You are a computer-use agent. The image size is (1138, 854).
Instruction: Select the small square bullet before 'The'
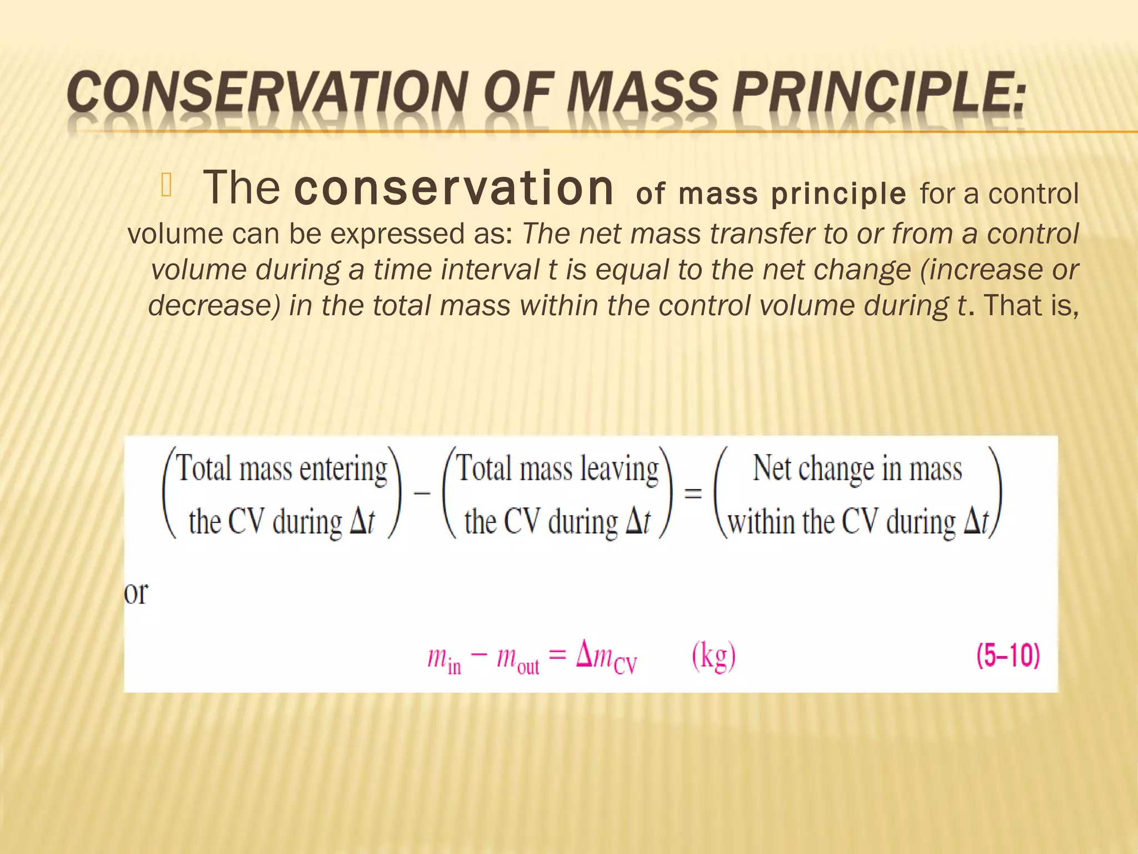(167, 187)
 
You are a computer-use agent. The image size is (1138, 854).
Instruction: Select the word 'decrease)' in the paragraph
(214, 306)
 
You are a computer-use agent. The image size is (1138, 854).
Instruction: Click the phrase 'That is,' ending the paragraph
(1031, 306)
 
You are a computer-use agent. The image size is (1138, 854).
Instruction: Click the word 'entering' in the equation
(343, 470)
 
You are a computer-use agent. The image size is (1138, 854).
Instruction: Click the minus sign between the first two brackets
(422, 493)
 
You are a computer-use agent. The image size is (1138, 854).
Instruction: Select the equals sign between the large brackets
(692, 493)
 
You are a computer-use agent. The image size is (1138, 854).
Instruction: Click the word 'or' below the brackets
(136, 594)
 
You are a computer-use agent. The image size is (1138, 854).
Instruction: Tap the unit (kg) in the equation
(713, 657)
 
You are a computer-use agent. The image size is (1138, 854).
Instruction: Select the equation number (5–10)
(1007, 656)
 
